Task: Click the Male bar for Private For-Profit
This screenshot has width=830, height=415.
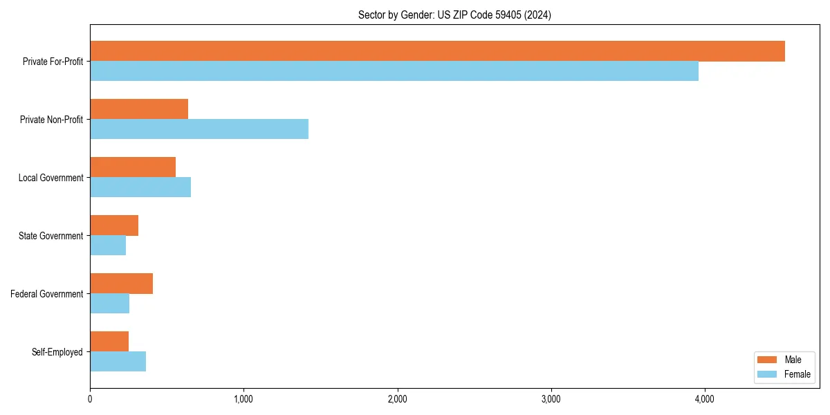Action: pyautogui.click(x=437, y=51)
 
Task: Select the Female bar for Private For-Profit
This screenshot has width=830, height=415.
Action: pyautogui.click(x=394, y=71)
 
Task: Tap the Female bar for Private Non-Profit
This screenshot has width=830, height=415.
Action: pyautogui.click(x=199, y=129)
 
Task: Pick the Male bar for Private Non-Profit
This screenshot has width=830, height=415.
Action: pyautogui.click(x=139, y=109)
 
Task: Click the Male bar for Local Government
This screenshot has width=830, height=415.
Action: pyautogui.click(x=133, y=167)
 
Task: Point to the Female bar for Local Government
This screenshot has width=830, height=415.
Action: pyautogui.click(x=140, y=187)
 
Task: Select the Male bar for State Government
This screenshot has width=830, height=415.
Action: pyautogui.click(x=114, y=225)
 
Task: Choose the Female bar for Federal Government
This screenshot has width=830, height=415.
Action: pyautogui.click(x=109, y=304)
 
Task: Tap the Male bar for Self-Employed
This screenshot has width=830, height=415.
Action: pyautogui.click(x=109, y=342)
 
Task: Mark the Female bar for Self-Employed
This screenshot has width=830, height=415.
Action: pyautogui.click(x=118, y=362)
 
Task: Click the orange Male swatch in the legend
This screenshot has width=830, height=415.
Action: pyautogui.click(x=767, y=360)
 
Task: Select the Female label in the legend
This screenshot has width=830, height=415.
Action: pyautogui.click(x=797, y=374)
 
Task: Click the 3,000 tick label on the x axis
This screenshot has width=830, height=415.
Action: pyautogui.click(x=551, y=399)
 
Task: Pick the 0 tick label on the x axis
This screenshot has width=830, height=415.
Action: pyautogui.click(x=90, y=399)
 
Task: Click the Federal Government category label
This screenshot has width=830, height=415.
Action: pyautogui.click(x=46, y=294)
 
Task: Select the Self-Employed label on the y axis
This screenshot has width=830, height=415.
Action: pyautogui.click(x=57, y=352)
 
